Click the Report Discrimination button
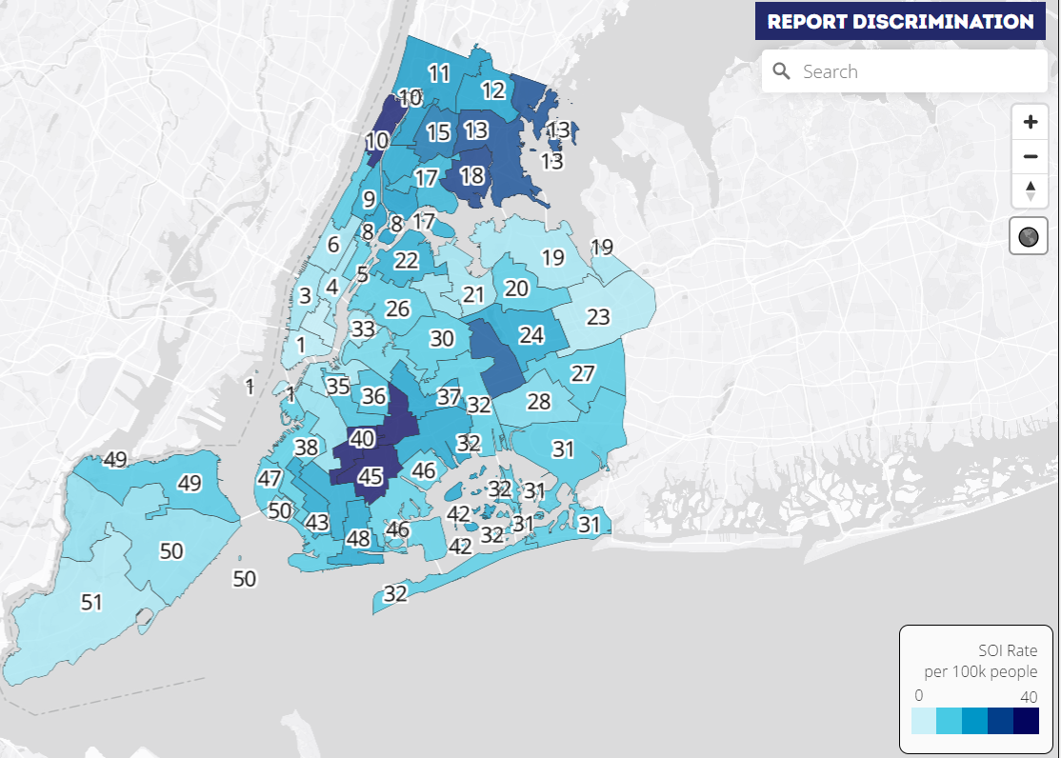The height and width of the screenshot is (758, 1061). [900, 21]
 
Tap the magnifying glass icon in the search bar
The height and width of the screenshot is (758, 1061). [782, 71]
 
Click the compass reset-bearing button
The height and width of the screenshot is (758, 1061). [1030, 190]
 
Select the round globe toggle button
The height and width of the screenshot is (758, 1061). [1029, 236]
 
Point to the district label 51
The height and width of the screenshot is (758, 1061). [91, 603]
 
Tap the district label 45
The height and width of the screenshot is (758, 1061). [370, 476]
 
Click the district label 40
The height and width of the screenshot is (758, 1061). [362, 439]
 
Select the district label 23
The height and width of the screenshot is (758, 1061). [598, 317]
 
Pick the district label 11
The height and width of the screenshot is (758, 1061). [439, 73]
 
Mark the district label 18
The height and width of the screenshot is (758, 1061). [471, 176]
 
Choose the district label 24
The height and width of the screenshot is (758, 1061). [530, 334]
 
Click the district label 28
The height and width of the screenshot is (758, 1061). [539, 402]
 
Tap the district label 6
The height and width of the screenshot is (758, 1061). [333, 245]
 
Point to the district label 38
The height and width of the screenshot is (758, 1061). [306, 448]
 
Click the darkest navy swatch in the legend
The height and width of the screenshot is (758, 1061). [1026, 721]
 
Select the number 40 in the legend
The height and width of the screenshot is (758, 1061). [1029, 697]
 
